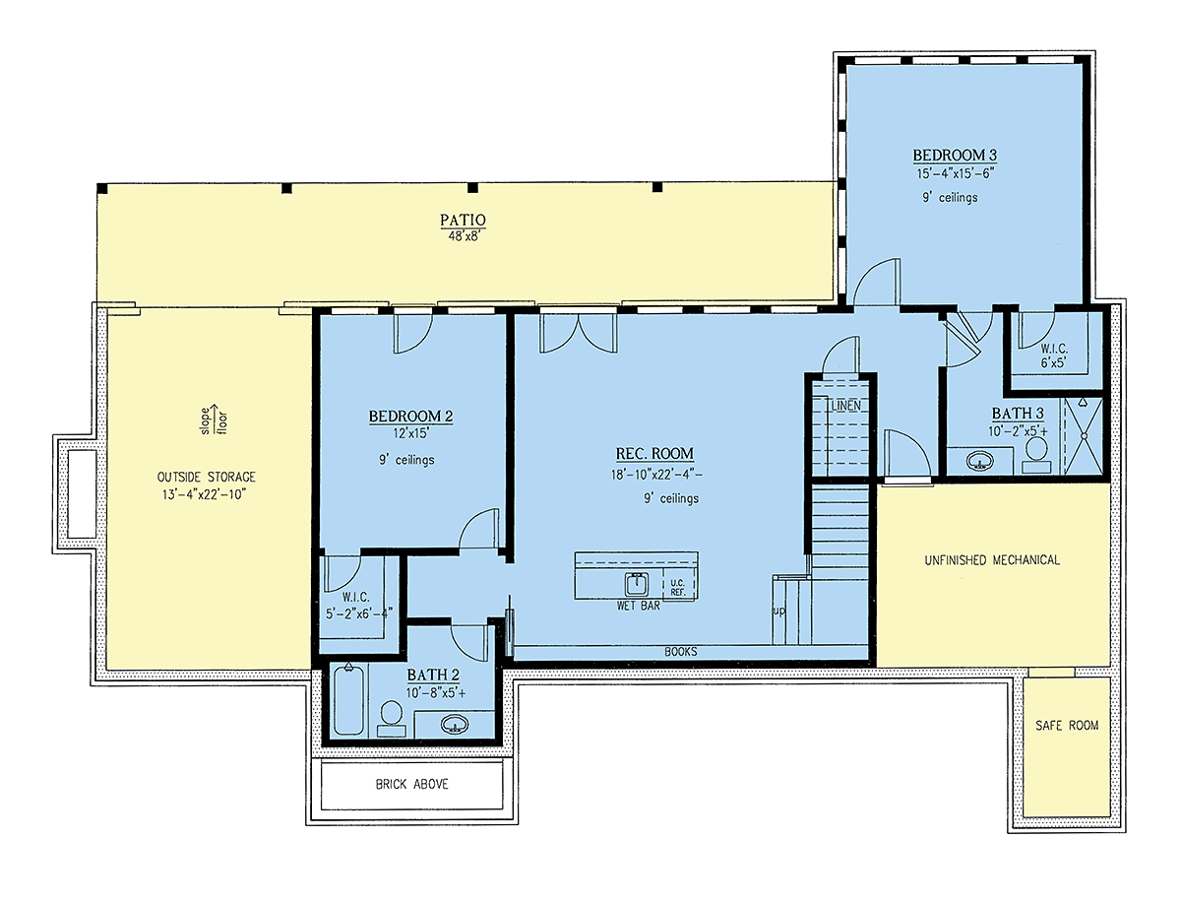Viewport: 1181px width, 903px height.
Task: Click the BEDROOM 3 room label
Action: click(x=955, y=155)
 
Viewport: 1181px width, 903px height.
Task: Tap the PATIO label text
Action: click(x=463, y=220)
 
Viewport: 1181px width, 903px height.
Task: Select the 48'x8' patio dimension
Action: click(x=464, y=236)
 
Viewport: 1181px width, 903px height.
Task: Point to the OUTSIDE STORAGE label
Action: click(x=206, y=477)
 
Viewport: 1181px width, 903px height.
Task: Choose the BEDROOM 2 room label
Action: click(x=410, y=416)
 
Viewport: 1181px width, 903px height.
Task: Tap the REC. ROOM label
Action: click(x=654, y=454)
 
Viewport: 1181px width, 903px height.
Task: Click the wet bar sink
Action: click(x=637, y=584)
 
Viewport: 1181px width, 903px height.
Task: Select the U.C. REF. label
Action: click(x=678, y=588)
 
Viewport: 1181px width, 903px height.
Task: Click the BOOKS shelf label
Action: click(x=681, y=652)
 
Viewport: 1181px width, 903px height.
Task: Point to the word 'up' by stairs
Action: click(x=778, y=611)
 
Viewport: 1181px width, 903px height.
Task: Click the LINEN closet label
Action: click(x=845, y=406)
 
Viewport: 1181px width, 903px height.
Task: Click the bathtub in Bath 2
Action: click(x=348, y=699)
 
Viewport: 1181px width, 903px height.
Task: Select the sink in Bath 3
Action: click(x=979, y=461)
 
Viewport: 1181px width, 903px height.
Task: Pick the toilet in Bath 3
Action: click(x=1035, y=455)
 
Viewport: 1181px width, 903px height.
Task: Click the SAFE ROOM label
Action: click(x=1067, y=726)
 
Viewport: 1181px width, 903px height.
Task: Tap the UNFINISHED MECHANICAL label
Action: click(x=992, y=560)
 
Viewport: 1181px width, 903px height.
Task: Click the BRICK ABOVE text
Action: click(x=412, y=784)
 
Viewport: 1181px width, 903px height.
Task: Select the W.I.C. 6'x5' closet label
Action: click(x=1053, y=355)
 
